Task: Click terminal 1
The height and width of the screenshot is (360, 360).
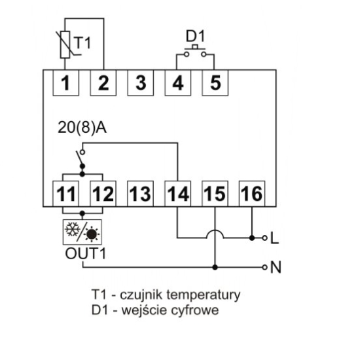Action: pyautogui.click(x=66, y=83)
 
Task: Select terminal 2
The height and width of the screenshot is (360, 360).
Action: pyautogui.click(x=103, y=83)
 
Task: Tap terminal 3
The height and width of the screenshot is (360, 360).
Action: pyautogui.click(x=139, y=83)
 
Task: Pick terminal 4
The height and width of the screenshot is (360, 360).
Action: pyautogui.click(x=176, y=83)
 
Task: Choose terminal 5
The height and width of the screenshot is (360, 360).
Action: pyautogui.click(x=213, y=83)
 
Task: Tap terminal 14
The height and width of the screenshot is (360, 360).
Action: pyautogui.click(x=177, y=194)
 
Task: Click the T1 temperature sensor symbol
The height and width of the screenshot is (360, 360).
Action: pyautogui.click(x=68, y=43)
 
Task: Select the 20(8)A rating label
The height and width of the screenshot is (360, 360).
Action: pyautogui.click(x=82, y=128)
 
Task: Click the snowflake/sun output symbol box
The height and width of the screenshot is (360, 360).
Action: pyautogui.click(x=82, y=232)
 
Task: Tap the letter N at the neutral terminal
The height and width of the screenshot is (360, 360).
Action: pyautogui.click(x=275, y=267)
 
